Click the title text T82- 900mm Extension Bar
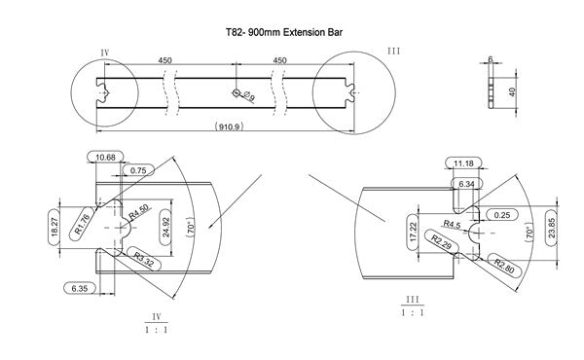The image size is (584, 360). (282, 32)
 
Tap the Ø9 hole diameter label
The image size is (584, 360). (249, 96)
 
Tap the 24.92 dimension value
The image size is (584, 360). (168, 225)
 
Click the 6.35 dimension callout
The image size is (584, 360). (77, 288)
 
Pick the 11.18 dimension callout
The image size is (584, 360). (464, 162)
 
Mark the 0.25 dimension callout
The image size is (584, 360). (503, 214)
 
